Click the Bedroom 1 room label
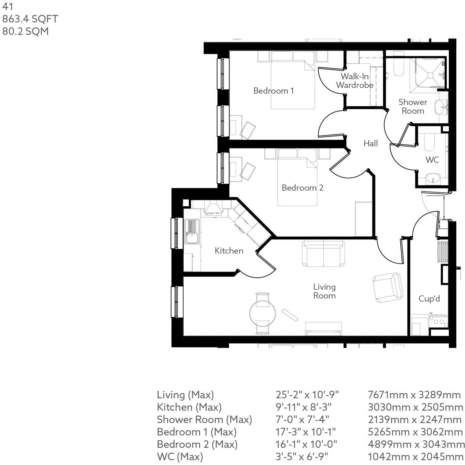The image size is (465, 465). pos(273,91)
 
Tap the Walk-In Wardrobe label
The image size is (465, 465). pos(355,80)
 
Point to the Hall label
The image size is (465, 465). pos(370,143)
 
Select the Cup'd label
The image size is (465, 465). pos(429,299)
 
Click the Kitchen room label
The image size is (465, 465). pos(229,251)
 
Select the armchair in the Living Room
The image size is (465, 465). pos(388,287)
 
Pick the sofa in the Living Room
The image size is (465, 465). pos(323,253)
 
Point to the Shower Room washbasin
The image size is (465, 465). pos(440,107)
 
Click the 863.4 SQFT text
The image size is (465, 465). pos(30,19)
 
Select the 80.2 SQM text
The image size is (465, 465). pos(25,31)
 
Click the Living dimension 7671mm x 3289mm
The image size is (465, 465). pos(414,395)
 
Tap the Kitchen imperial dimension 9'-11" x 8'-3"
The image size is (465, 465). pos(303,407)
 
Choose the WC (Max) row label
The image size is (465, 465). pos(180,457)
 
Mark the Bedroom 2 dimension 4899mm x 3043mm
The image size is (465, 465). pos(416,444)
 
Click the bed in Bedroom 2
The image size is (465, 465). pos(298,182)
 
